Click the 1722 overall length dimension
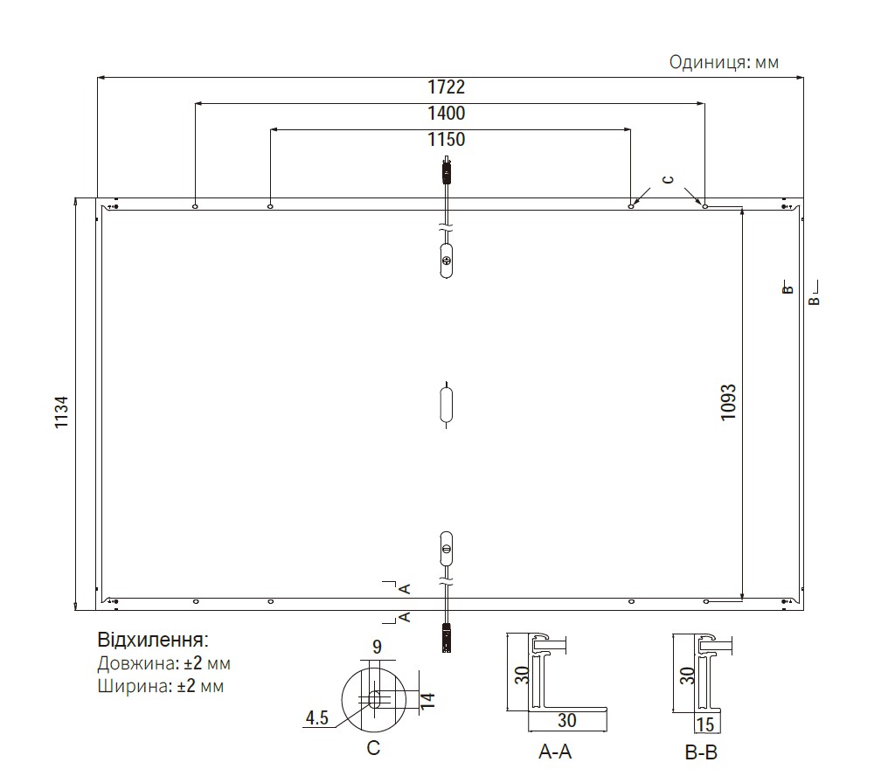click(447, 87)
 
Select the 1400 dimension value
click(447, 113)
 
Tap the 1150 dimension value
click(447, 139)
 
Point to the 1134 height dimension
click(61, 412)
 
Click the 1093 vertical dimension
click(728, 403)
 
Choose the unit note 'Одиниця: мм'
click(724, 62)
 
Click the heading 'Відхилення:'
click(153, 640)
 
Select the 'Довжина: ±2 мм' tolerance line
click(163, 663)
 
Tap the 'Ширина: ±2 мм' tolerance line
click(161, 685)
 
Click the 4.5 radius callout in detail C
click(316, 717)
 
